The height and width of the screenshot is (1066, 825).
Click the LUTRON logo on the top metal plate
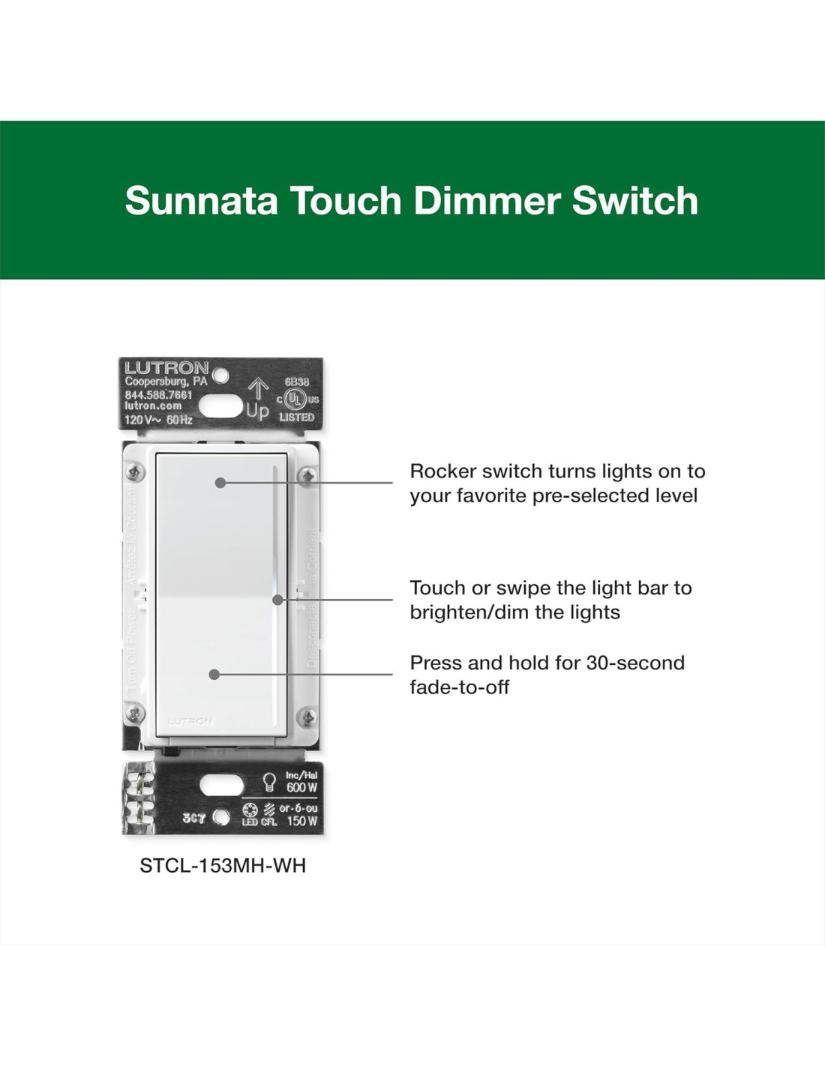pyautogui.click(x=166, y=368)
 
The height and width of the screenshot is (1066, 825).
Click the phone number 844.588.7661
pyautogui.click(x=158, y=394)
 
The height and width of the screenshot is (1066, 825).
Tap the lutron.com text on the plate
pyautogui.click(x=153, y=406)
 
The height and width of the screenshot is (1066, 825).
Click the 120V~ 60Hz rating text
pyautogui.click(x=158, y=420)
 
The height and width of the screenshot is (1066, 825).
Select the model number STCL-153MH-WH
pyautogui.click(x=223, y=866)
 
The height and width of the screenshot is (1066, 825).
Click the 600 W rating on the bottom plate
pyautogui.click(x=301, y=788)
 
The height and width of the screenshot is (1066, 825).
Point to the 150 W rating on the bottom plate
pyautogui.click(x=302, y=821)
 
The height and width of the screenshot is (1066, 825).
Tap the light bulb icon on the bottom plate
pyautogui.click(x=269, y=782)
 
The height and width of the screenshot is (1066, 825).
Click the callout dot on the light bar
pyautogui.click(x=277, y=600)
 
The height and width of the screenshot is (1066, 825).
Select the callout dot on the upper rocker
pyautogui.click(x=220, y=483)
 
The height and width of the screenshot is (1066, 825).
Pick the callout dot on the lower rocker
pyautogui.click(x=214, y=675)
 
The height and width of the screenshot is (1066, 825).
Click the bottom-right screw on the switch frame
pyautogui.click(x=307, y=718)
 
